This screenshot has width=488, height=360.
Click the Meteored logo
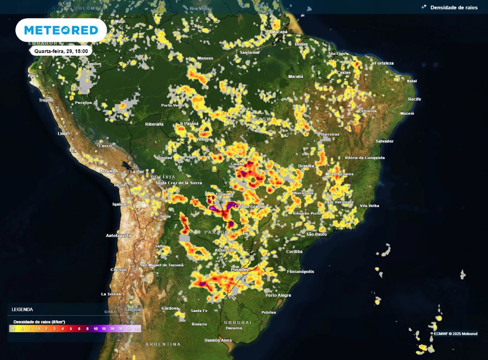pos(61,31)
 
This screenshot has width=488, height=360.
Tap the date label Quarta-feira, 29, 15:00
pos(61,51)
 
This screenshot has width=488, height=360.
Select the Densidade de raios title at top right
pos(453,8)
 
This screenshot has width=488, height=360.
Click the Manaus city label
pos(205,59)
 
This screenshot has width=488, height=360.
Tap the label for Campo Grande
pos(250,206)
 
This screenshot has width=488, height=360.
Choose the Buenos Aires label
pos(217,340)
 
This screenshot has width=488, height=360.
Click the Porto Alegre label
pos(278,295)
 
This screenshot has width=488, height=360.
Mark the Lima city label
pos(62,134)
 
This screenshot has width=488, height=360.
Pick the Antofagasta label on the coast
pos(119,236)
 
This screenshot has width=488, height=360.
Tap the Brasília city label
pos(305,166)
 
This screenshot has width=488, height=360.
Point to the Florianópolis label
pos(301,271)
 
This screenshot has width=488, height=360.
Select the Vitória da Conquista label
pos(364,157)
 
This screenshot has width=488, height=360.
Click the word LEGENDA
pos(22,309)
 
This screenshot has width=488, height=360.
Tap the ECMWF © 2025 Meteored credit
pos(455,334)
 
